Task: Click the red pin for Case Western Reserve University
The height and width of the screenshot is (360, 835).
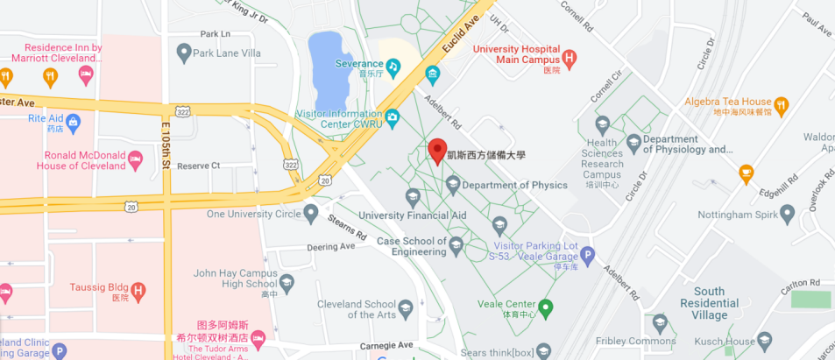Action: tap(436, 150)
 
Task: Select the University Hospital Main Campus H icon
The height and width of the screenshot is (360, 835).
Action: tap(570, 60)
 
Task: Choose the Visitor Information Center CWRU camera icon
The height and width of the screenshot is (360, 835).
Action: tap(392, 116)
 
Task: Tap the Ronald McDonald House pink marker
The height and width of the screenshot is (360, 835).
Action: tap(135, 160)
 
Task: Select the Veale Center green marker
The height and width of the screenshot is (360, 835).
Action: tap(546, 307)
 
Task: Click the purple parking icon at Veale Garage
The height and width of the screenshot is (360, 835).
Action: tap(588, 257)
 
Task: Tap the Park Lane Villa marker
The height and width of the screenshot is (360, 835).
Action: tap(183, 53)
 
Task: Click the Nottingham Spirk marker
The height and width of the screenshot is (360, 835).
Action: tap(787, 213)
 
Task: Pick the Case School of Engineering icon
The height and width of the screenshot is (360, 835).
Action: tap(456, 248)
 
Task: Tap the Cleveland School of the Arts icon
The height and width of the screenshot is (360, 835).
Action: tap(405, 308)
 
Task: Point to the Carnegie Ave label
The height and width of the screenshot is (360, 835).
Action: tap(386, 346)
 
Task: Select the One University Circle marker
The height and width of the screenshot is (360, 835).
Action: tap(310, 213)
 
